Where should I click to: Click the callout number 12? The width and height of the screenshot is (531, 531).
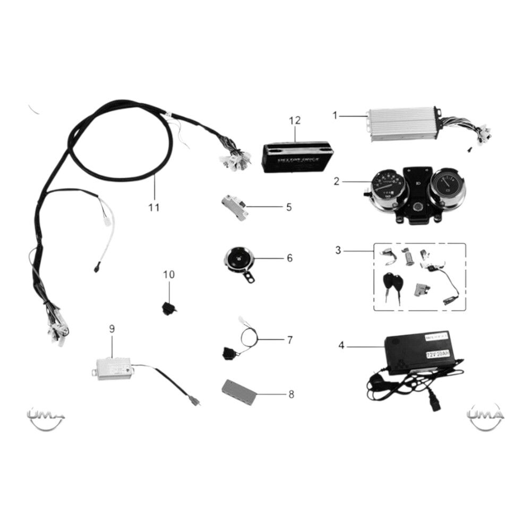(295, 121)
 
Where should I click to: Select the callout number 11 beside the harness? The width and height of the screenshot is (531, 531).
(153, 207)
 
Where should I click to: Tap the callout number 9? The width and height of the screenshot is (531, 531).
(112, 329)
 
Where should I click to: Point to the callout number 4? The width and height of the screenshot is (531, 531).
(341, 346)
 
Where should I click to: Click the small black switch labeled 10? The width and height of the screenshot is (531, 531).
(169, 307)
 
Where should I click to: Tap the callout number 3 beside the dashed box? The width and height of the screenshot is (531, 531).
(338, 249)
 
